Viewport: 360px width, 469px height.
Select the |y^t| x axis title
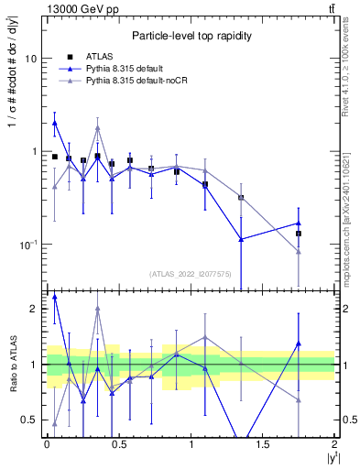327,458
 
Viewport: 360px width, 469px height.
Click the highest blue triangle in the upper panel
55,122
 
